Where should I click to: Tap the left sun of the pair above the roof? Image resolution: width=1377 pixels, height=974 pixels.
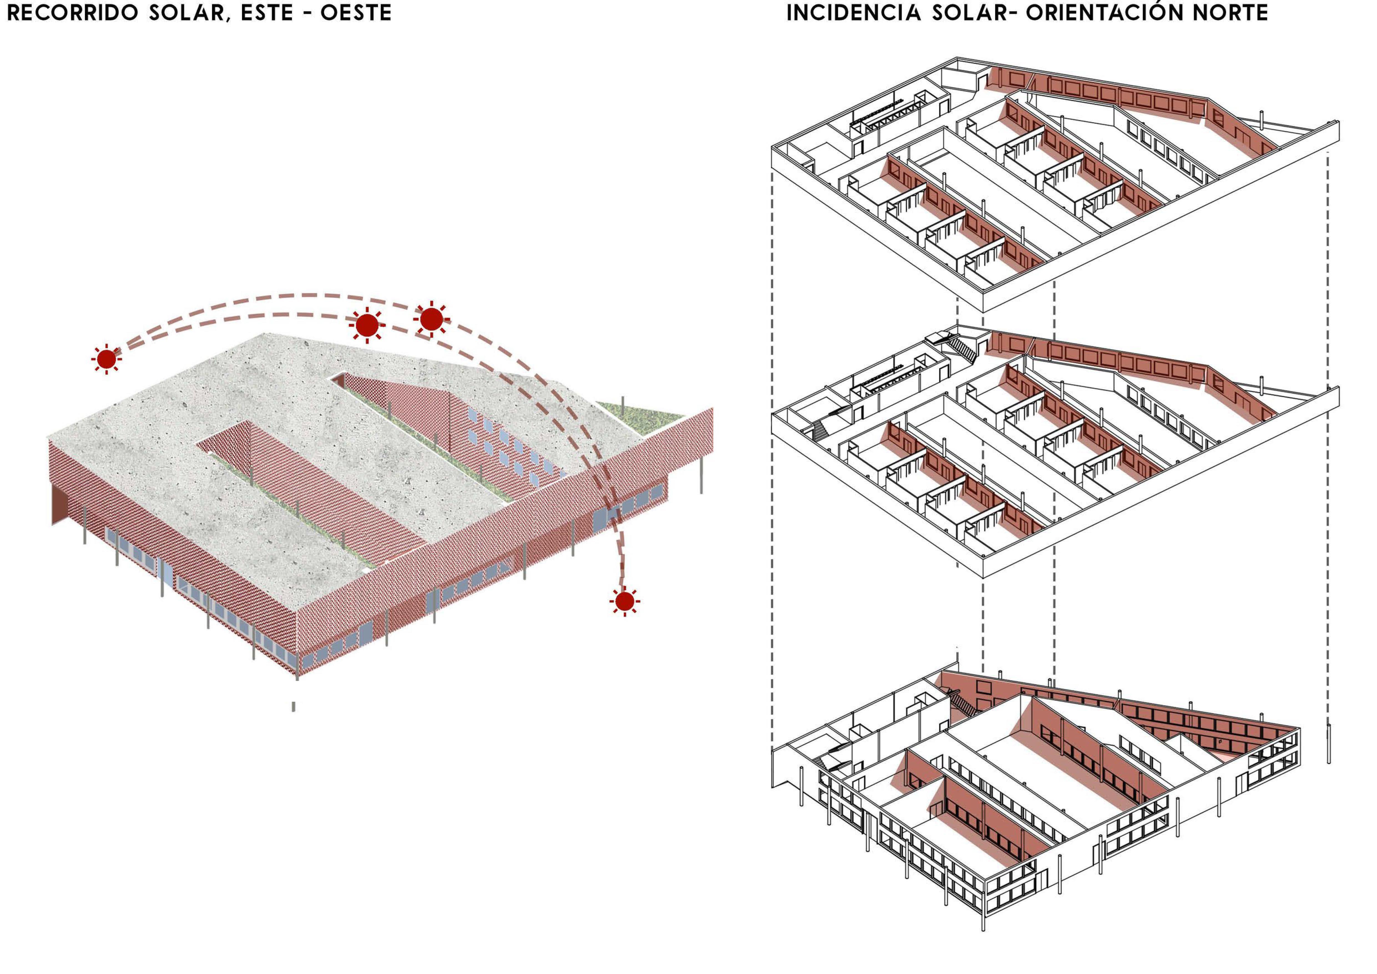point(367,325)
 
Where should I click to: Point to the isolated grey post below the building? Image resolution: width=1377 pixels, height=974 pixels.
point(293,706)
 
